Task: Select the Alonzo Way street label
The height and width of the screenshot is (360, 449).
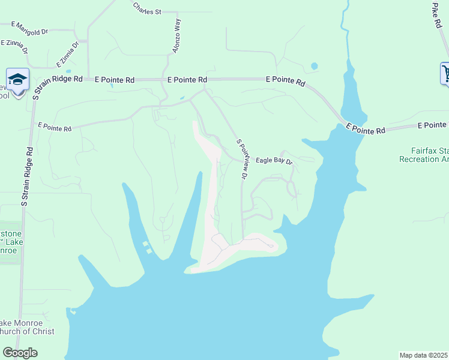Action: [x=176, y=35]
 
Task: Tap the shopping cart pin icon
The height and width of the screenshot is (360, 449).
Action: [x=445, y=74]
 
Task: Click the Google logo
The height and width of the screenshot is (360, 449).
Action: [x=20, y=353]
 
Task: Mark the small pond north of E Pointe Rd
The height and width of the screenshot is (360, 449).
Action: [x=314, y=66]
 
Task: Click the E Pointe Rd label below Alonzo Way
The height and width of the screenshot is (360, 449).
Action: [x=187, y=79]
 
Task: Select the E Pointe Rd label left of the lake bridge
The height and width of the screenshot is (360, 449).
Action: [x=286, y=80]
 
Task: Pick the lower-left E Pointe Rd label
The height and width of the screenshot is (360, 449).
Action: [x=55, y=128]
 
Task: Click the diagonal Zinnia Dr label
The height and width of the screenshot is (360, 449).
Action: [x=67, y=55]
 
